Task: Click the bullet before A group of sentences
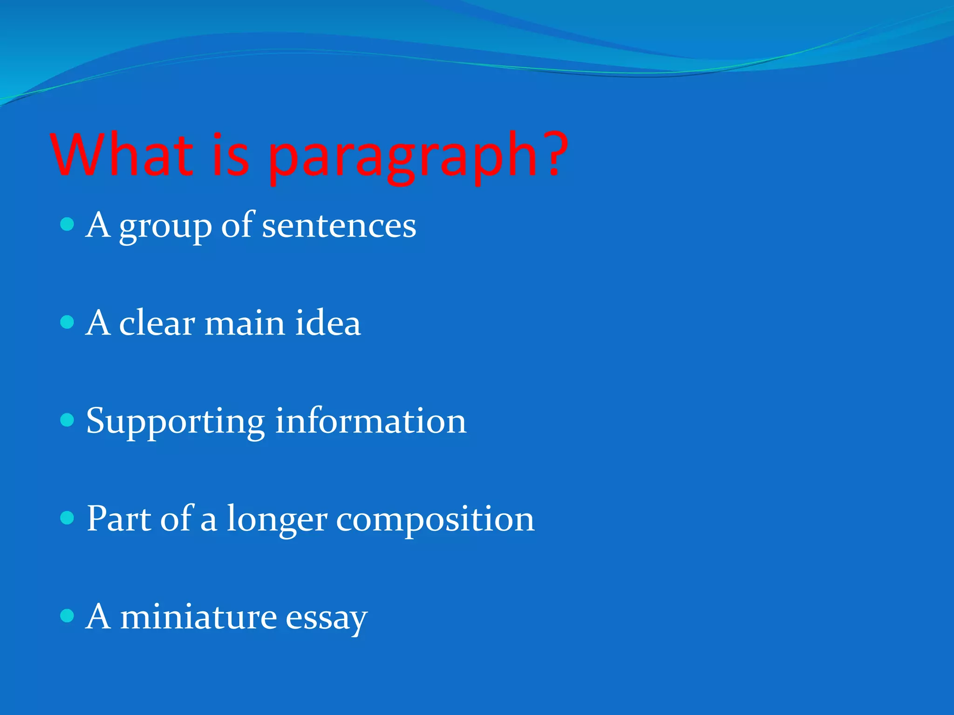pos(68,225)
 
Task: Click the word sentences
pos(339,226)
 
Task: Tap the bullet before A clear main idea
pos(68,322)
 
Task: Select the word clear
pos(157,323)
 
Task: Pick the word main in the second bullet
pos(245,324)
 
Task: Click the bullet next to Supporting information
pos(68,420)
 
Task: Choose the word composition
pos(435,520)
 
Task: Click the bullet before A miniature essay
pos(68,616)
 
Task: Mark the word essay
pos(326,619)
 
